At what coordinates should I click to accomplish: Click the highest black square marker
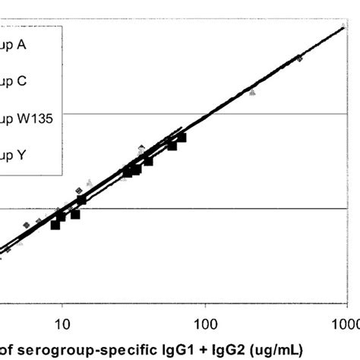coord(182,137)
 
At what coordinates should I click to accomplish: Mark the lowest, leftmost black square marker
coord(55,225)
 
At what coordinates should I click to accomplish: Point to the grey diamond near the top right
coord(299,58)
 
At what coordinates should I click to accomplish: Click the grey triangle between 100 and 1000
coord(253,91)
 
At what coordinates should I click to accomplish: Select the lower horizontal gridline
coord(228,208)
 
